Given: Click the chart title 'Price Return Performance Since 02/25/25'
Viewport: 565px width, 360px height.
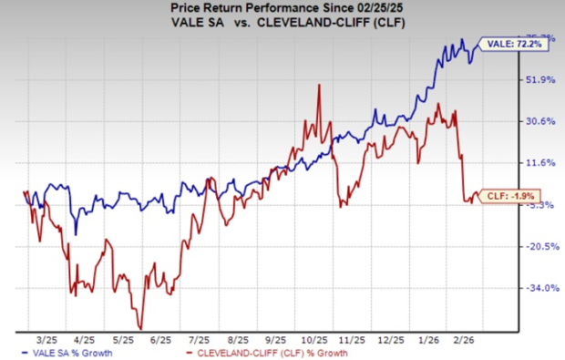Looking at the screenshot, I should click(x=282, y=8).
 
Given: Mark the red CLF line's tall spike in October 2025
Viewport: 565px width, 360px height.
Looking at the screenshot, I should click(x=318, y=85).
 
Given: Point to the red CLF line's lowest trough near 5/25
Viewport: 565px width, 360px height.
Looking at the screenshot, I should click(x=140, y=328).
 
